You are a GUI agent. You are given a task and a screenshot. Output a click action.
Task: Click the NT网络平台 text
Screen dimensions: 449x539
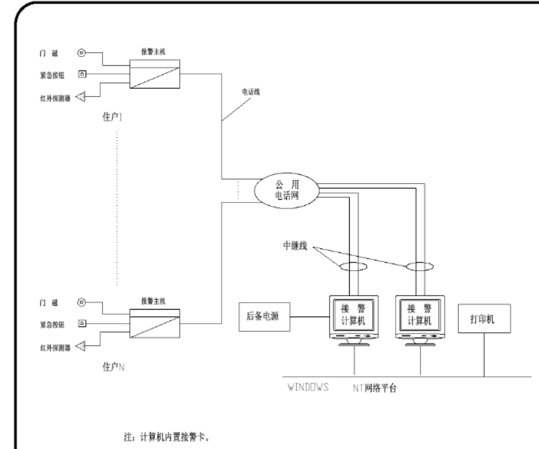click(372, 388)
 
